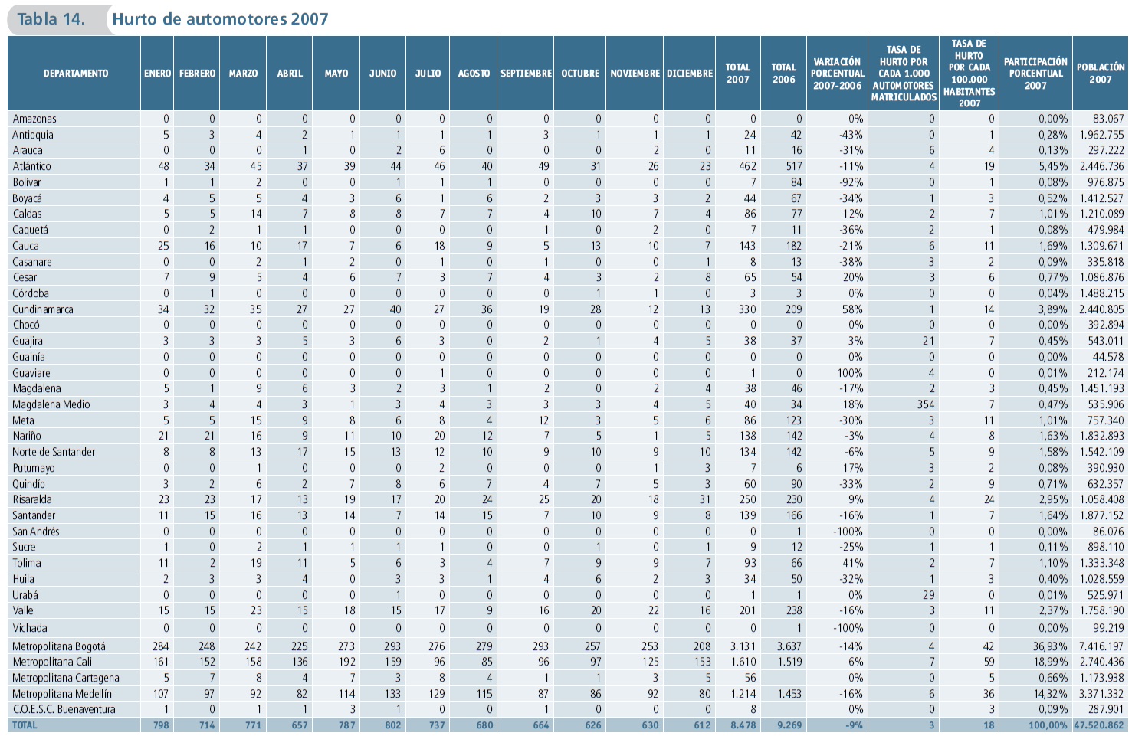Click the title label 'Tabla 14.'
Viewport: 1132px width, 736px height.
pyautogui.click(x=51, y=19)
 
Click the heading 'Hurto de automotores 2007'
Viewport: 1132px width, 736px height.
pyautogui.click(x=220, y=19)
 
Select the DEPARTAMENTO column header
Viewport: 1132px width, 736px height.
pyautogui.click(x=75, y=74)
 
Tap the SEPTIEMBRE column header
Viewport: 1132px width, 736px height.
pyautogui.click(x=526, y=74)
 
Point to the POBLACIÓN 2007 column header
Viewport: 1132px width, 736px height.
pyautogui.click(x=1100, y=74)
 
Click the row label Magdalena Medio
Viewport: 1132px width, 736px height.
pyautogui.click(x=51, y=404)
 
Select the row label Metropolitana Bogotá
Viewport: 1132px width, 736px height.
pyautogui.click(x=59, y=646)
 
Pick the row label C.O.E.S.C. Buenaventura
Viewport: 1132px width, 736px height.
pyautogui.click(x=64, y=709)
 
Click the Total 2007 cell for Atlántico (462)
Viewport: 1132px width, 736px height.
pyautogui.click(x=746, y=166)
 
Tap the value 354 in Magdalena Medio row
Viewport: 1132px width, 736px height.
pyautogui.click(x=926, y=404)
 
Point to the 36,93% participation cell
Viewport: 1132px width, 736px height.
pyautogui.click(x=1049, y=646)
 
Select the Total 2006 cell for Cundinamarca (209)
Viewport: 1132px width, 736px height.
pyautogui.click(x=793, y=309)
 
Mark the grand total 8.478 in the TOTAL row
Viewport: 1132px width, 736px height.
pyautogui.click(x=743, y=725)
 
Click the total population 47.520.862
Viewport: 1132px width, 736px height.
pyautogui.click(x=1099, y=725)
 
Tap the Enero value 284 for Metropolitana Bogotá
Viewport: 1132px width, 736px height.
pyautogui.click(x=160, y=646)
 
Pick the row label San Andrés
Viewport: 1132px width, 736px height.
pyautogui.click(x=35, y=532)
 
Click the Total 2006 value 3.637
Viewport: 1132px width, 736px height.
pyautogui.click(x=789, y=646)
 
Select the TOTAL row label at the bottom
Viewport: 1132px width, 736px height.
pyautogui.click(x=25, y=725)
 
